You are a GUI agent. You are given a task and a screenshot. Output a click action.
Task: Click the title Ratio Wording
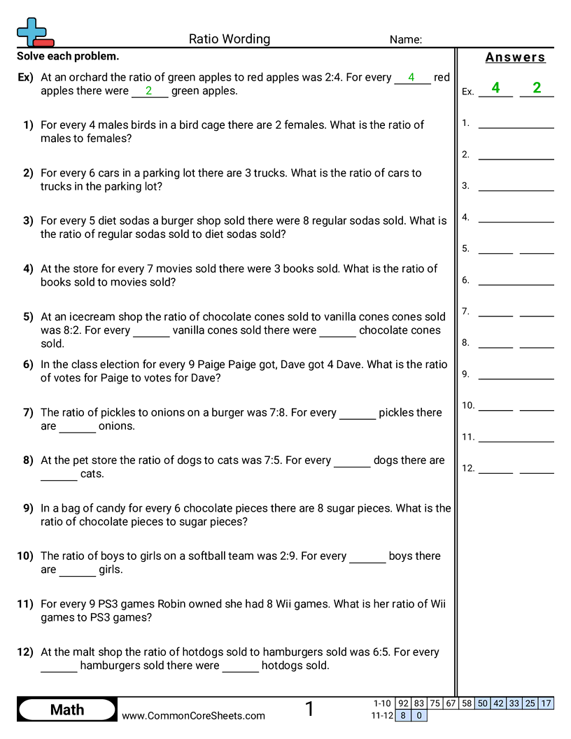click(x=230, y=39)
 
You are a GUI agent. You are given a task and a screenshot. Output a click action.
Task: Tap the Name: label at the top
click(x=406, y=40)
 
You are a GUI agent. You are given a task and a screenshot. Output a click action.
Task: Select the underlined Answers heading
click(x=515, y=57)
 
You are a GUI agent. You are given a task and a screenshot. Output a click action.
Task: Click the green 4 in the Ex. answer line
click(x=495, y=87)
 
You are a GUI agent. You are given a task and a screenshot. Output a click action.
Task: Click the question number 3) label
click(x=28, y=220)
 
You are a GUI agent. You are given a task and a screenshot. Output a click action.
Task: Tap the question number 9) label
click(x=28, y=508)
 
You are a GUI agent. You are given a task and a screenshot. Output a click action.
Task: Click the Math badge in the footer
click(x=67, y=710)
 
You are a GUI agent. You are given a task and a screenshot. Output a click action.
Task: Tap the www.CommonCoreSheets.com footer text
click(x=193, y=715)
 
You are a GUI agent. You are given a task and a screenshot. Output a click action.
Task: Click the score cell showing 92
click(x=403, y=703)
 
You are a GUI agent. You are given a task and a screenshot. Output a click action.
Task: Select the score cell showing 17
click(x=547, y=703)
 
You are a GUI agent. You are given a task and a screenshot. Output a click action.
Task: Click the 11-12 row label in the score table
click(x=381, y=715)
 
